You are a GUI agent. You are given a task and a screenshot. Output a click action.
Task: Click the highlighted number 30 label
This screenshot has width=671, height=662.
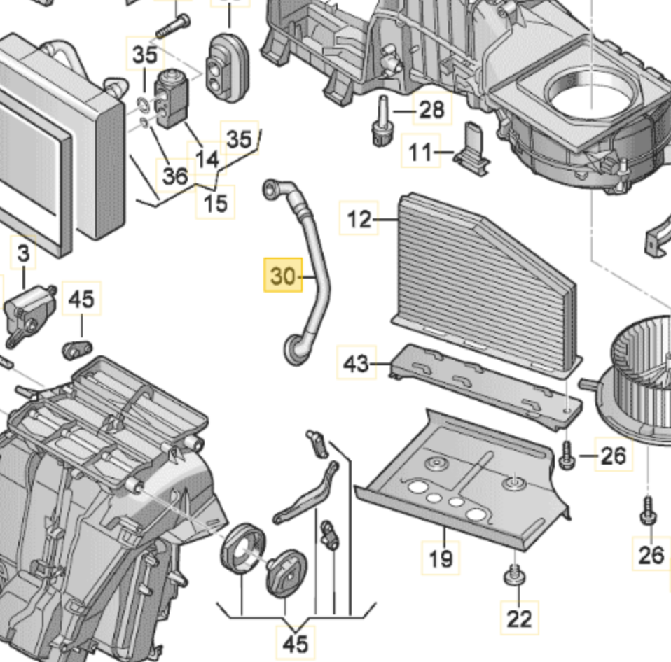point(282,276)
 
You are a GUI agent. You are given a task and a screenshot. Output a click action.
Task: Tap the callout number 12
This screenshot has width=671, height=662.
point(359,220)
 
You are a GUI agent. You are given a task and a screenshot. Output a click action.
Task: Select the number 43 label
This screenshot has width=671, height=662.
point(356,363)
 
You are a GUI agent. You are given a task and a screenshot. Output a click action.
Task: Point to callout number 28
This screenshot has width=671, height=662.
point(432,109)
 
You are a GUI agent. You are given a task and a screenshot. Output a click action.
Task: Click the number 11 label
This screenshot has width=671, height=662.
point(421,152)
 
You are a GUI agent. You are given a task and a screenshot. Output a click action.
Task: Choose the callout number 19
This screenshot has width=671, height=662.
point(441,558)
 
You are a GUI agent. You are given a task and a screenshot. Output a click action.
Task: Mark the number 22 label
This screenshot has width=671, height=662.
point(519,618)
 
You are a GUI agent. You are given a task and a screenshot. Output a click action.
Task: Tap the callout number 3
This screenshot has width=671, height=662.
point(24,255)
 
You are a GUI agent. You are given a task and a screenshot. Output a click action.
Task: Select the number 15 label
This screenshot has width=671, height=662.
point(216,203)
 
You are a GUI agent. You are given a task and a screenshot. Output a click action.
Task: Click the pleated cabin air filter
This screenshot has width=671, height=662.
point(483,280)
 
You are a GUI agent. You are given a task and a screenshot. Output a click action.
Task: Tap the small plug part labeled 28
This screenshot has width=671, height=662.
point(381,123)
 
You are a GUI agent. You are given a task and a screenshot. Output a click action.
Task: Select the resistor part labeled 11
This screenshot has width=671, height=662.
point(471,148)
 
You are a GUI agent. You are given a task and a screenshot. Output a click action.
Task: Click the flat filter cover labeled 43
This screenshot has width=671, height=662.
point(483,385)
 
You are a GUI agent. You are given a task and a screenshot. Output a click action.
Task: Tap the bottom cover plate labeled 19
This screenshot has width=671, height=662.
point(462,483)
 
